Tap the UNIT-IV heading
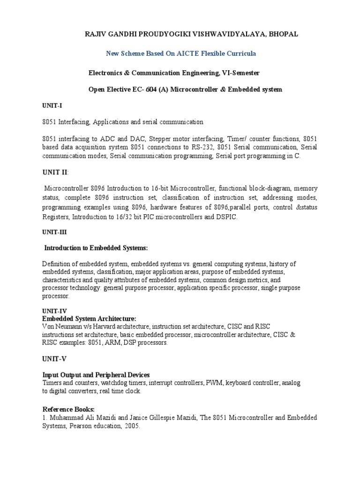[x=54, y=311]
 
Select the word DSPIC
[x=226, y=217]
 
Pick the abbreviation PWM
[x=214, y=383]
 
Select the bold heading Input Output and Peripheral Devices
[x=96, y=375]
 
